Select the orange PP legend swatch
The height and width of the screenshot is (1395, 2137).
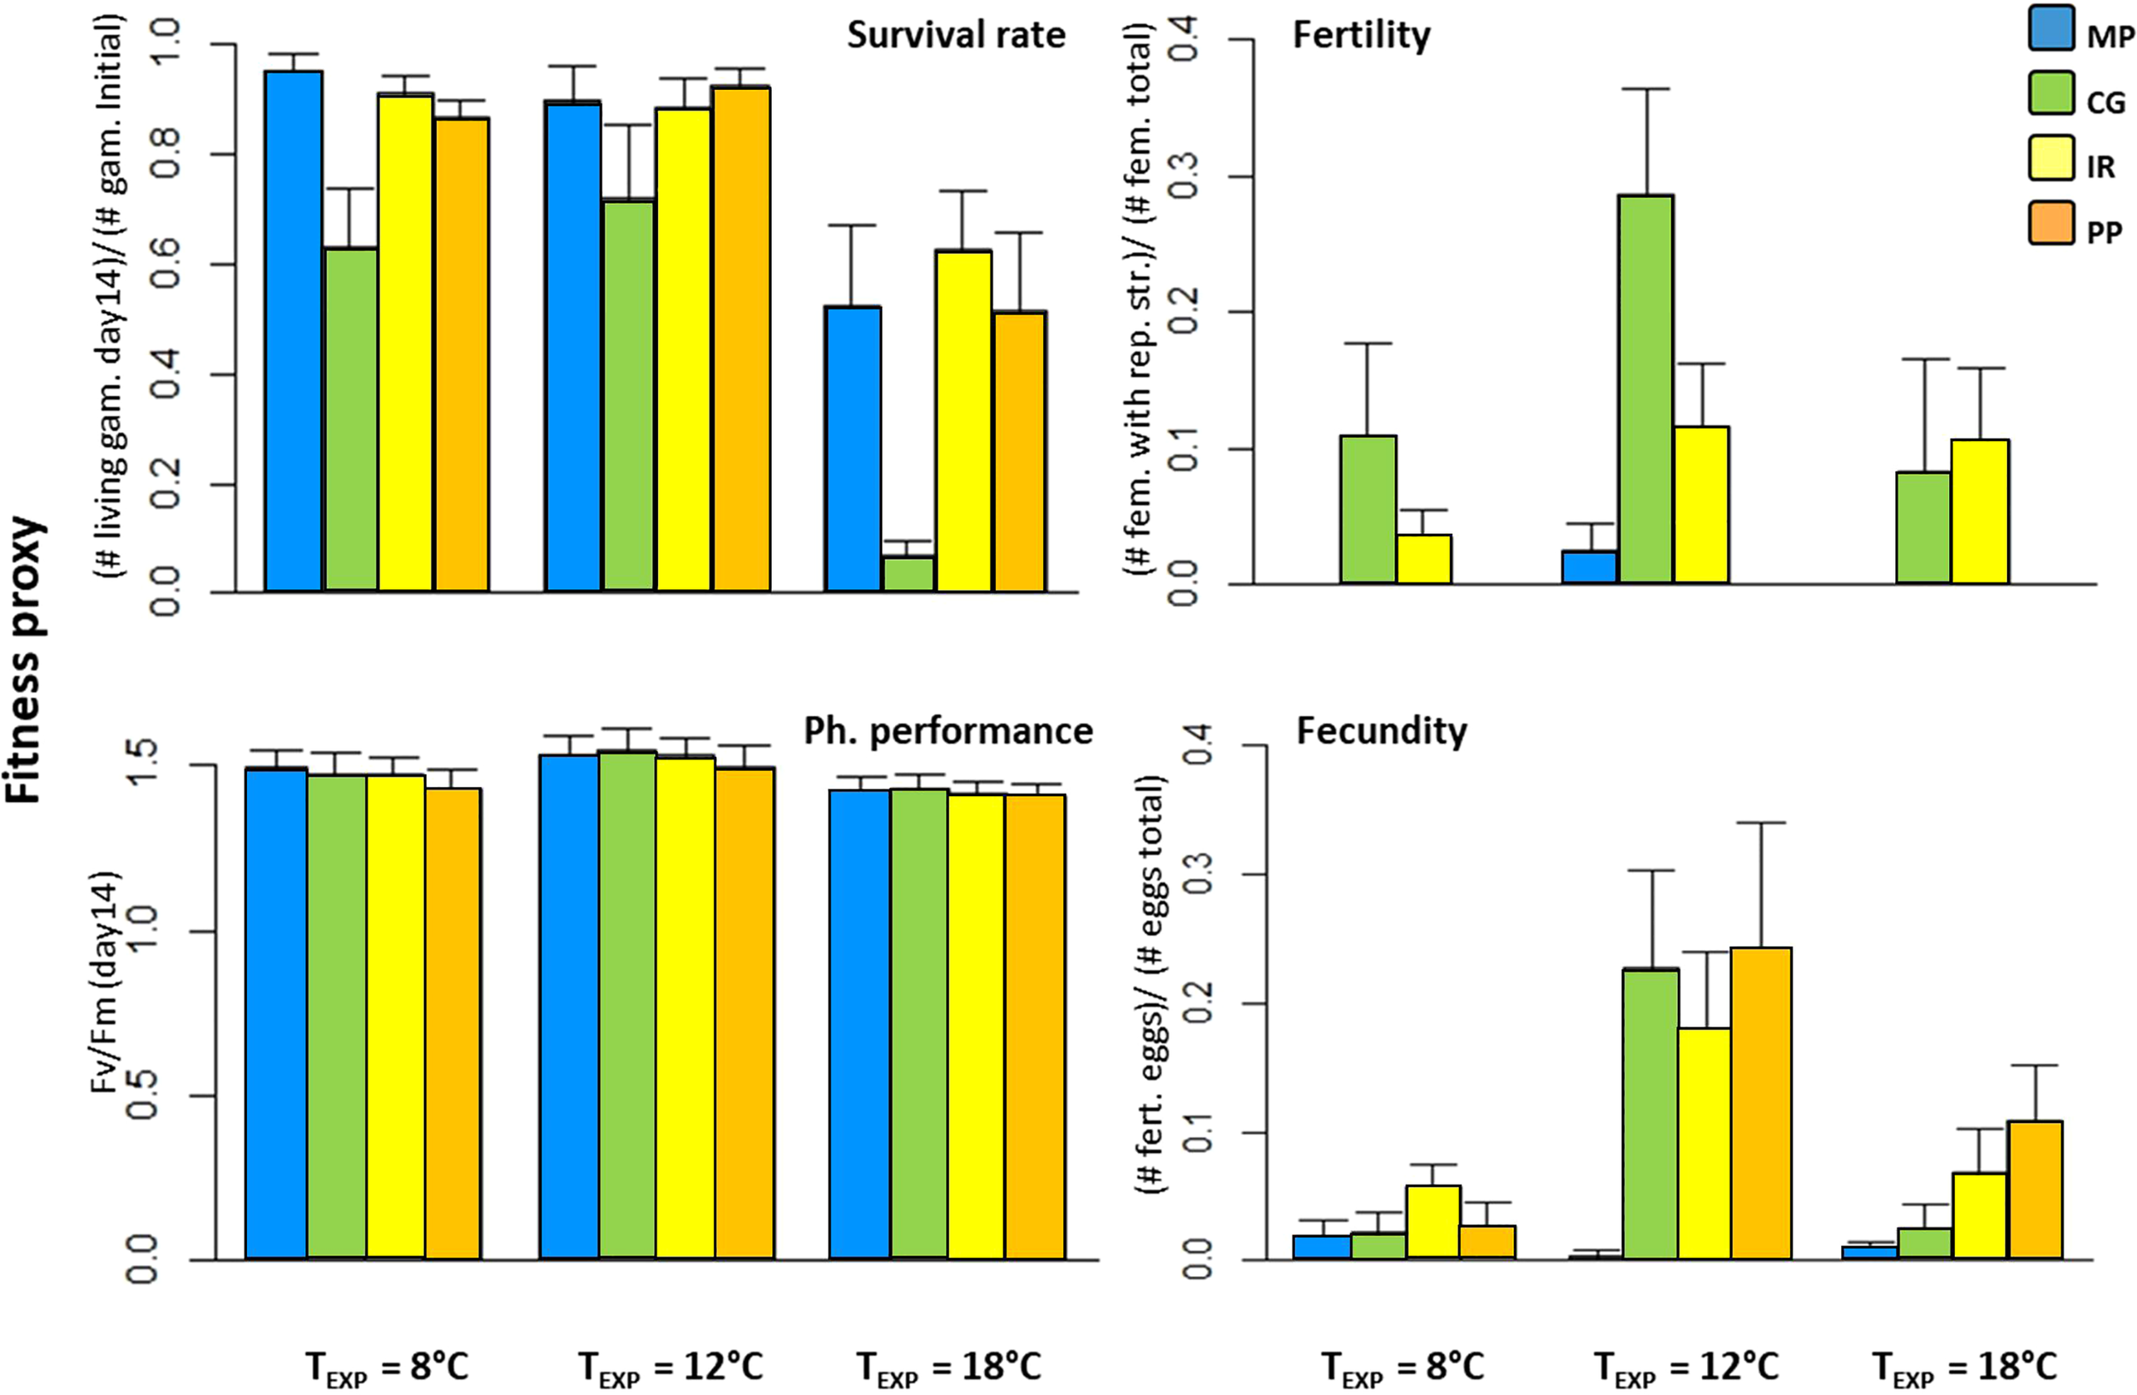tap(2051, 222)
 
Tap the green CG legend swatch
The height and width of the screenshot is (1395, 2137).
tap(2051, 94)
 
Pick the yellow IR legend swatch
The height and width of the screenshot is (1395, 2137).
tap(2051, 158)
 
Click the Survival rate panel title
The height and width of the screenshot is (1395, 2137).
tap(956, 36)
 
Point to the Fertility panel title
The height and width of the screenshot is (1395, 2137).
tap(1361, 36)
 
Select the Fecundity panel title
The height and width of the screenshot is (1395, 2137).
tap(1381, 731)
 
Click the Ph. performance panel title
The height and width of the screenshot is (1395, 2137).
tap(948, 731)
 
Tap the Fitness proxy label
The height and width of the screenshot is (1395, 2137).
tap(25, 659)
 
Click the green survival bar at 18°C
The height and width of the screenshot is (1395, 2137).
tap(908, 573)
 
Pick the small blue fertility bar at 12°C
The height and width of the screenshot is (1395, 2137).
tap(1588, 567)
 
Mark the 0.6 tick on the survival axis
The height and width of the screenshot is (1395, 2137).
tap(164, 264)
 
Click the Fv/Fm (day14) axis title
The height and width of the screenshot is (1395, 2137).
tap(106, 981)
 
